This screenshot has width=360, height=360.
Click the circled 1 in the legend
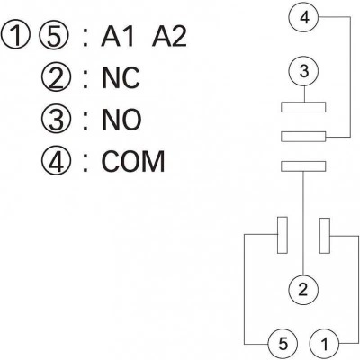[x=15, y=35]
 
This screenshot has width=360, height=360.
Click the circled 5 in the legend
[x=54, y=35]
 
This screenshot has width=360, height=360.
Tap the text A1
[x=117, y=37]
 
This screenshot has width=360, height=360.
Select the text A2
[x=169, y=37]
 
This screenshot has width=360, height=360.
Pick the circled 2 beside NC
[x=56, y=77]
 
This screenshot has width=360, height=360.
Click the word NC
[x=121, y=78]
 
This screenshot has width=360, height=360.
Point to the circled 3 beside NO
[x=56, y=120]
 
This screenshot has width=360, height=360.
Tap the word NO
[x=121, y=120]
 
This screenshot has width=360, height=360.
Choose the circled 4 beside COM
[x=56, y=162]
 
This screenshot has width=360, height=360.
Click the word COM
[x=133, y=162]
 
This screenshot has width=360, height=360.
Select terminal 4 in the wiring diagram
[x=304, y=17]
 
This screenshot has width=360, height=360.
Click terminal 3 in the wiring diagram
[x=304, y=71]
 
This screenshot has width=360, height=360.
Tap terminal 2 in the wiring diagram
[x=303, y=289]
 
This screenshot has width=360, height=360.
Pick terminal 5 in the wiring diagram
[x=283, y=344]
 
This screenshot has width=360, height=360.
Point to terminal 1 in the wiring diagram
[x=324, y=344]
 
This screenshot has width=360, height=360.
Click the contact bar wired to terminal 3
[x=303, y=107]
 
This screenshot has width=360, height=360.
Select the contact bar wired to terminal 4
[x=303, y=137]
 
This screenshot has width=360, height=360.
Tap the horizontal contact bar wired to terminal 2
[x=303, y=166]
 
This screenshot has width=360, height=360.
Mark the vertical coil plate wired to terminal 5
[x=283, y=235]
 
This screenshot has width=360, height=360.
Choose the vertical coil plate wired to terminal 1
[x=325, y=236]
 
